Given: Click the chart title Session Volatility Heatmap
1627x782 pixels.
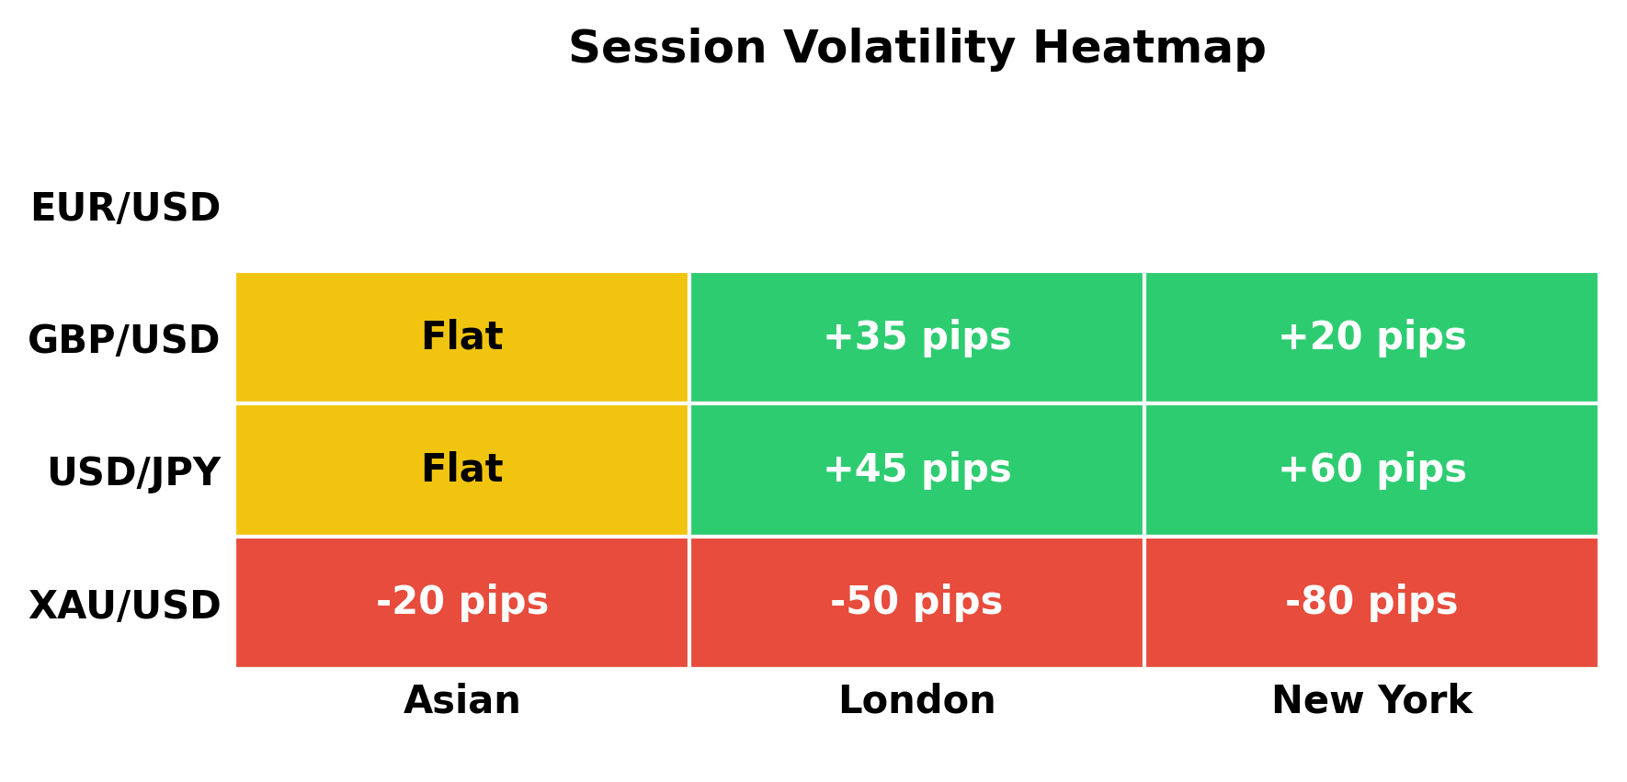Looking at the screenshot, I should coord(916,48).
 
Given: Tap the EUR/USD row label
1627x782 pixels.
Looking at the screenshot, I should coord(125,208).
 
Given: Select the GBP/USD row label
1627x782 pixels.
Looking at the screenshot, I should coord(124,340).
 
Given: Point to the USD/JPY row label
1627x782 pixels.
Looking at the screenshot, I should coord(133,472).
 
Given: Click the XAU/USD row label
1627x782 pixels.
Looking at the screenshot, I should coord(124,606).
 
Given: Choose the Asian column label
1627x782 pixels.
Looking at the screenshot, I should coord(461,700).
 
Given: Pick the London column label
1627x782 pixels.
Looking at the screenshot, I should coord(916,700).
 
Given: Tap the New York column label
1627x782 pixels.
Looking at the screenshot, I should coord(1371,700).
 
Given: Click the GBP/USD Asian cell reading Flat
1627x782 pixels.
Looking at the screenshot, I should coord(461,337).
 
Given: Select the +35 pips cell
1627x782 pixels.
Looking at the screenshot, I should coord(916,337).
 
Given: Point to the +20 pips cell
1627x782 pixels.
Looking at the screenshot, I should coord(1371,337).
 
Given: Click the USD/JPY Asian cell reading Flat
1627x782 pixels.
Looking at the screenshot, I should coord(461,470).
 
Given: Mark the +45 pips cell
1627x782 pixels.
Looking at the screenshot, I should coord(916,470).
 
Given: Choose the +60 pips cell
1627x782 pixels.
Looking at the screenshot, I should coord(1371,470).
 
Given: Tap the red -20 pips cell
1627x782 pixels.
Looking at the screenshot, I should coord(461,602).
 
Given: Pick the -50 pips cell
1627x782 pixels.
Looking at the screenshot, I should coord(916,602).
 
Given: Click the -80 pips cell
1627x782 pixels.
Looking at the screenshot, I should coord(1371,602).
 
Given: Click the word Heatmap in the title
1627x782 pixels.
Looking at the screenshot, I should coord(1149,48).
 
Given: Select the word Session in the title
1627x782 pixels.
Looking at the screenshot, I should coord(667,48).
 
